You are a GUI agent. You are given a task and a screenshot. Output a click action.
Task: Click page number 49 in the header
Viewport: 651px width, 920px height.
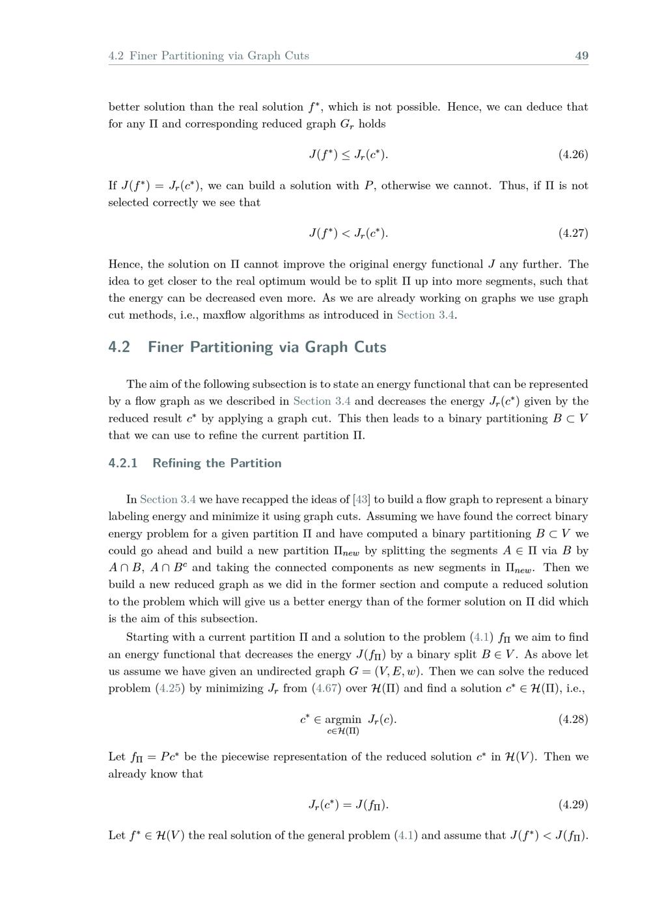581,56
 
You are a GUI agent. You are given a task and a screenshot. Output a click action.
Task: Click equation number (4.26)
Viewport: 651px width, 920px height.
573,155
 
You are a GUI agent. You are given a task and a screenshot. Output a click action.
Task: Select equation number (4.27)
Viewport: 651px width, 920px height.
573,233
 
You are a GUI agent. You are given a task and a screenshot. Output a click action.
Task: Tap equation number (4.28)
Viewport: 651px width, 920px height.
573,720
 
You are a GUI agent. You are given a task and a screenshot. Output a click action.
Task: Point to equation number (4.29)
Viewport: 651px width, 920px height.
573,805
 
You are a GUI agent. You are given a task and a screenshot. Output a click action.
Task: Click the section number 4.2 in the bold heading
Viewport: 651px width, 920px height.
119,347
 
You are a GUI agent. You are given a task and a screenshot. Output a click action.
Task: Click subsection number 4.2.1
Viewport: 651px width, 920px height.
123,463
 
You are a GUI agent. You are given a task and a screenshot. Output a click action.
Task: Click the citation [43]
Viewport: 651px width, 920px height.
361,500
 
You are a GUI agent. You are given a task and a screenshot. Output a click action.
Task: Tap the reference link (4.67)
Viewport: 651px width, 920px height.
326,688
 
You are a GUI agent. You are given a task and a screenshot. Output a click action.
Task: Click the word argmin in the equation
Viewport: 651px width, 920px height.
342,720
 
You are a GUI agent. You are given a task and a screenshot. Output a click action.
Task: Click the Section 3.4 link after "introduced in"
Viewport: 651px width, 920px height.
425,316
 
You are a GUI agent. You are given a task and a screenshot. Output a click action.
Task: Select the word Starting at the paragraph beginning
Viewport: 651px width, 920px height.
147,638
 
